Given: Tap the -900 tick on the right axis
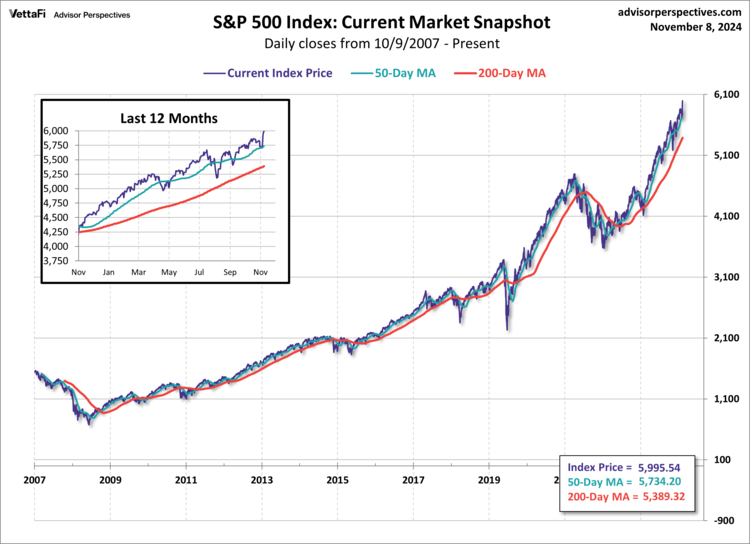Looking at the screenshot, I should coord(722,521).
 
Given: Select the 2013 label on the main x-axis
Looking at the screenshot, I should coord(262,480).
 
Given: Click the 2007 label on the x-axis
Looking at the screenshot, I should coord(35,480).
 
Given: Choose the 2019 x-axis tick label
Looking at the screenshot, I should coord(489,480).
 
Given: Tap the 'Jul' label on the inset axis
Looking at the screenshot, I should coord(200,271).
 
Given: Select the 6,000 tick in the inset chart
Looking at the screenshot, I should coord(56,131).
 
